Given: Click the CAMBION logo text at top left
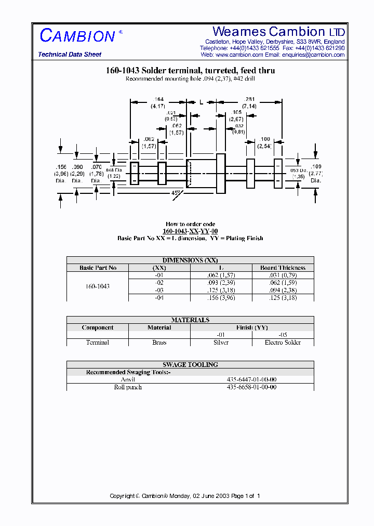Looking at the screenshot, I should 77,36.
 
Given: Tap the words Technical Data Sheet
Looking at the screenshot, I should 70,55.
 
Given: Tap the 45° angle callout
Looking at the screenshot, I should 176,193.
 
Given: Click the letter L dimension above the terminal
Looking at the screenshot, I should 201,102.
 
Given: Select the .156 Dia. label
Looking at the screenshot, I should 61,174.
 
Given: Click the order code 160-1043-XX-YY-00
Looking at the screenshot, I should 190,231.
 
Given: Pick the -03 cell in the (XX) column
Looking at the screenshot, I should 159,290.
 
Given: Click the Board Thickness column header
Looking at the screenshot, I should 283,268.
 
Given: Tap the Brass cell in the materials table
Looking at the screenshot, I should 159,343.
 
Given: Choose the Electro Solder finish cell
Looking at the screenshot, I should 283,343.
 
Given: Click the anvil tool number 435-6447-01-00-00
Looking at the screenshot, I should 251,379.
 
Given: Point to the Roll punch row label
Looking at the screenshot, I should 128,387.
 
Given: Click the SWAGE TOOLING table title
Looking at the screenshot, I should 190,365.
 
